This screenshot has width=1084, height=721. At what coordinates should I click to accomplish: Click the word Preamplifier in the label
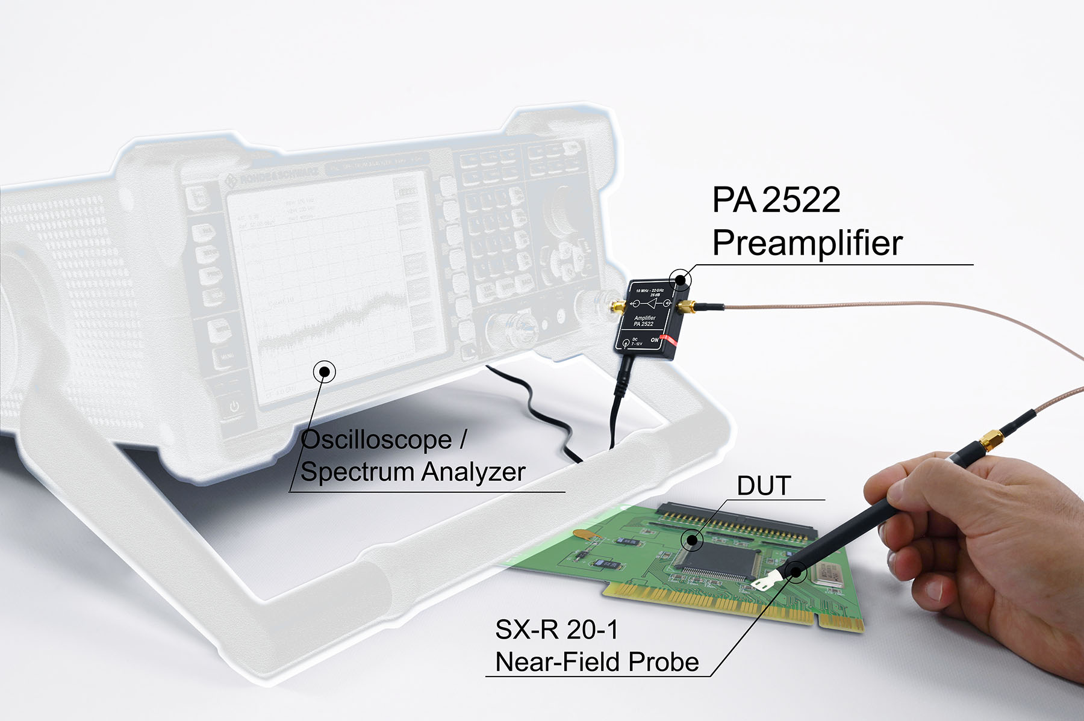[807, 243]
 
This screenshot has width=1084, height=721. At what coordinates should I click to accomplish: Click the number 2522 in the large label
[801, 200]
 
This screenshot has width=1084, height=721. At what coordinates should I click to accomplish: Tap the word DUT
[764, 486]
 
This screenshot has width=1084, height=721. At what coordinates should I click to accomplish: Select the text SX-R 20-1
[556, 630]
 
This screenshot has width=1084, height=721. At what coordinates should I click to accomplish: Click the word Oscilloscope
[376, 440]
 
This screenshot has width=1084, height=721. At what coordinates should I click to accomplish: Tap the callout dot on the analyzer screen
[325, 371]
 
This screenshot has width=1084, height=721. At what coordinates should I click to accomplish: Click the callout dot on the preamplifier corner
[681, 279]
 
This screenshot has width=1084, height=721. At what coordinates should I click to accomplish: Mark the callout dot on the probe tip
[796, 571]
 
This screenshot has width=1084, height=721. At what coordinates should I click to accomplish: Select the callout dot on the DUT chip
[693, 540]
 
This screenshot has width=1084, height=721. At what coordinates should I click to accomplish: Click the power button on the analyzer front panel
[234, 407]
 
